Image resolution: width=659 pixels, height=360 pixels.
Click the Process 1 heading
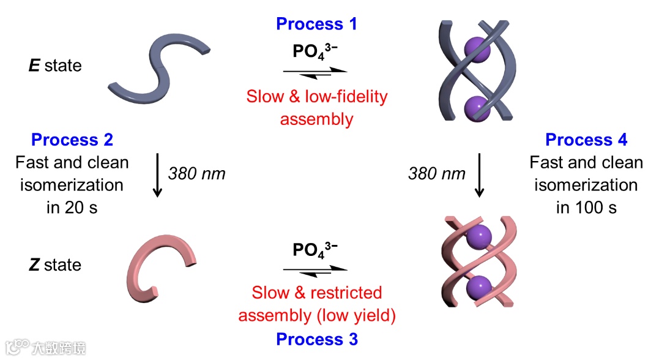(x=316, y=24)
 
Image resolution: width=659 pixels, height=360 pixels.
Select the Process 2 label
(x=72, y=140)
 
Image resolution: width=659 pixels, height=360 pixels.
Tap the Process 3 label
(x=316, y=339)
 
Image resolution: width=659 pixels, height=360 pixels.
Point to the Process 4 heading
(x=586, y=140)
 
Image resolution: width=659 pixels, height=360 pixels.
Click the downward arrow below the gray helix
(x=479, y=175)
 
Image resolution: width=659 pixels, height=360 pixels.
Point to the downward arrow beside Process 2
(x=157, y=175)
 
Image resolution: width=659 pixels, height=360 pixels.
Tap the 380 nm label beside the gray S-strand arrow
(x=196, y=174)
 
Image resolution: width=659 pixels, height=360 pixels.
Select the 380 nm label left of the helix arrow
(x=437, y=174)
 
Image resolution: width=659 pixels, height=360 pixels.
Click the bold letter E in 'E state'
(x=34, y=66)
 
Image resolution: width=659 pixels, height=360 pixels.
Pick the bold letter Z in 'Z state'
(x=34, y=265)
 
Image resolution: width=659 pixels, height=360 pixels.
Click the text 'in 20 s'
(x=72, y=208)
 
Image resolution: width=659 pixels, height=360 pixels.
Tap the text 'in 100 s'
(x=586, y=208)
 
